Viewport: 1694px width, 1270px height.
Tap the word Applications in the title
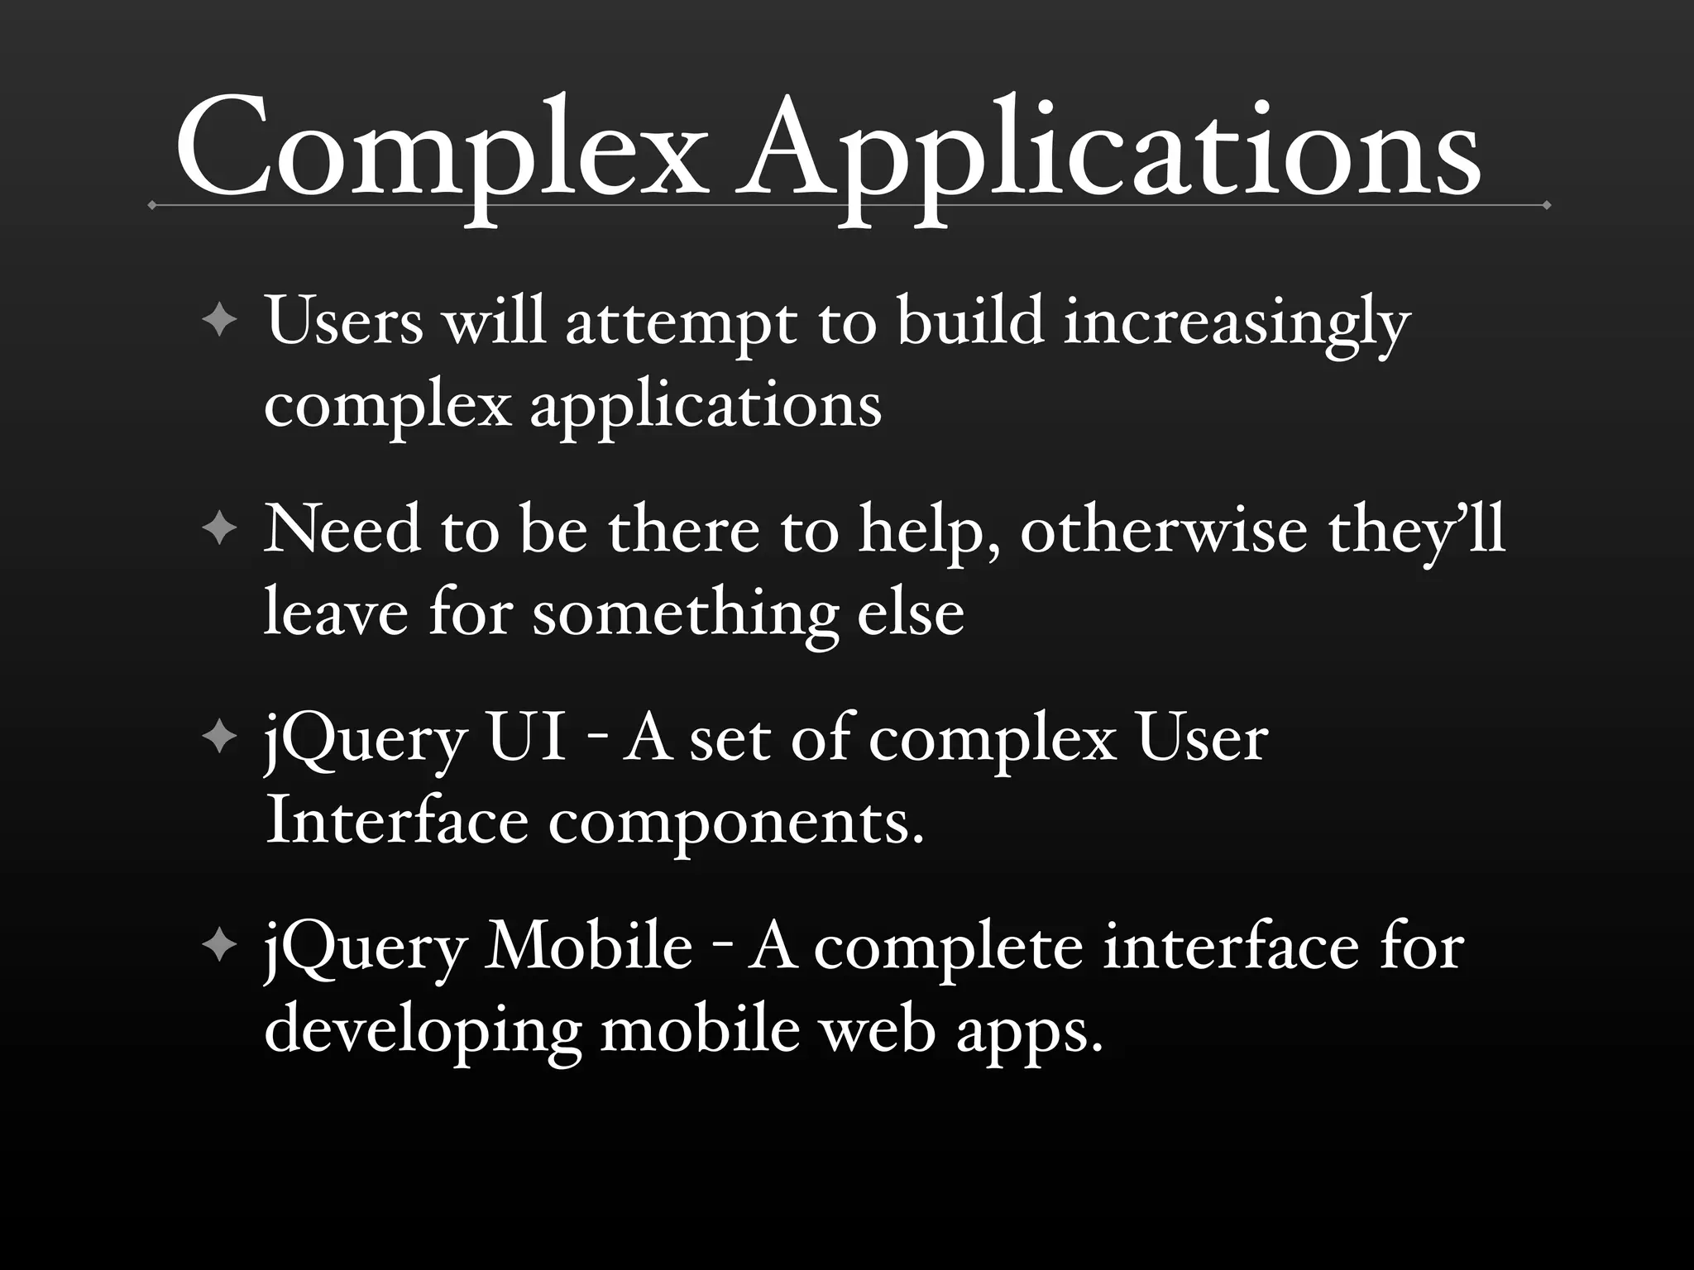(x=1108, y=153)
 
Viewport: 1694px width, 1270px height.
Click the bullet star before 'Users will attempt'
(x=219, y=320)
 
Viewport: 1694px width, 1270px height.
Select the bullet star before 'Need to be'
(x=219, y=528)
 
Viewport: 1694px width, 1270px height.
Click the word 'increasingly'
(x=1237, y=322)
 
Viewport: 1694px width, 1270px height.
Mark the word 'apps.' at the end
(x=1030, y=1034)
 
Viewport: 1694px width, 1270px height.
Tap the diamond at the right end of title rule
(x=1546, y=205)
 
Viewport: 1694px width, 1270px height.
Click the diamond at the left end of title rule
(x=152, y=205)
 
